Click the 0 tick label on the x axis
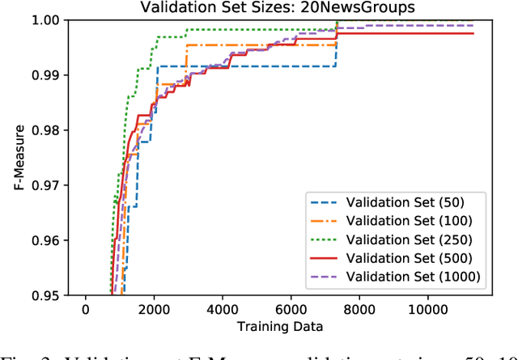click(86, 310)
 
